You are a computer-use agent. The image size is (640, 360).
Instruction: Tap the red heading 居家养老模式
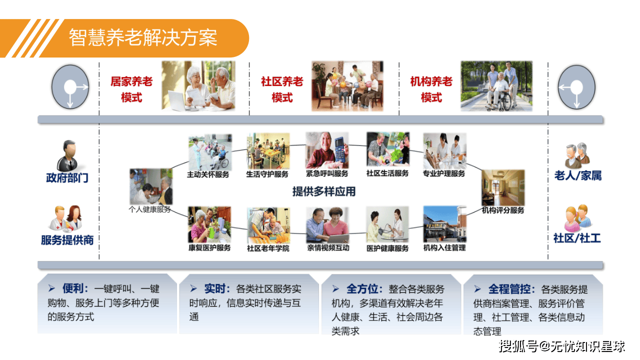coord(131,89)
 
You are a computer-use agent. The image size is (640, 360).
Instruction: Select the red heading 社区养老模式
coord(282,89)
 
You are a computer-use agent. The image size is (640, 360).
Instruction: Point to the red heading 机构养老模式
coord(431,89)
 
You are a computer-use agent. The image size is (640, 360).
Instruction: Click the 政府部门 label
coord(67,177)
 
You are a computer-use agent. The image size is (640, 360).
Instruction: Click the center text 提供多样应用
coord(324,191)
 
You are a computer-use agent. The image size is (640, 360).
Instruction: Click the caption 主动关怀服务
coord(208,174)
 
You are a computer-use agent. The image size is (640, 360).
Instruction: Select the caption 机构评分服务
coord(503,210)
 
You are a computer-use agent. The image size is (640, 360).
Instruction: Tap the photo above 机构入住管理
coord(444,224)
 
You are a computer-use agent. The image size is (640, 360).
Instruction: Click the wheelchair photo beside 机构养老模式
coord(496,86)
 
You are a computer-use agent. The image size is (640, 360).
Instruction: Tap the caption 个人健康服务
coord(150,209)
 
